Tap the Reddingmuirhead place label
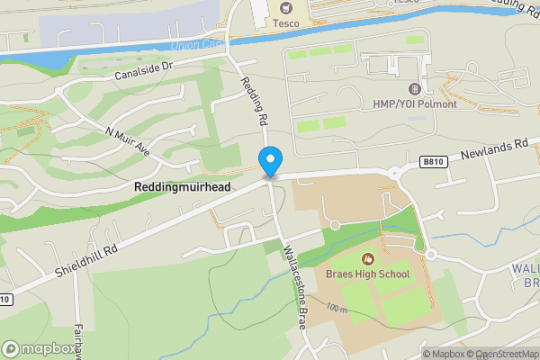183,186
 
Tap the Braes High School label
367,274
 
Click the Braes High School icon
367,258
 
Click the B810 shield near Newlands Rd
431,162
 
